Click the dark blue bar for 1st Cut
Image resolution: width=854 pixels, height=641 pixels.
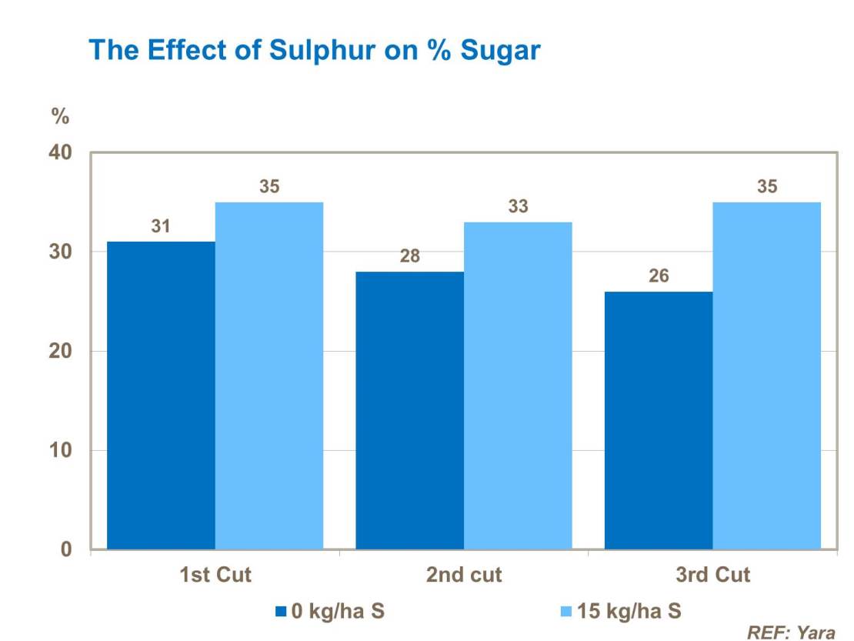(161, 396)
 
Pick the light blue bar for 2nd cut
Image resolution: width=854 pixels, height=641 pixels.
(518, 386)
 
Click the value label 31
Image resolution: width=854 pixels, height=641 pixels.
(161, 227)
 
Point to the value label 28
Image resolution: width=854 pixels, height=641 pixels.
(410, 257)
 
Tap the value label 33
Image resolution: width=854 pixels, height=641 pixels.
(519, 207)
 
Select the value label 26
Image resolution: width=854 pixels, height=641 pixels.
(659, 277)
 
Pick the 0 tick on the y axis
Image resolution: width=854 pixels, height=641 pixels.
(66, 549)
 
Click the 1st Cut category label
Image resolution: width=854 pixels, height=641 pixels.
(215, 575)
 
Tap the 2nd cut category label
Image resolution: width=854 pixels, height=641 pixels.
(464, 575)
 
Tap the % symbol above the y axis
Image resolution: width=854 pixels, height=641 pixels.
(60, 117)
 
